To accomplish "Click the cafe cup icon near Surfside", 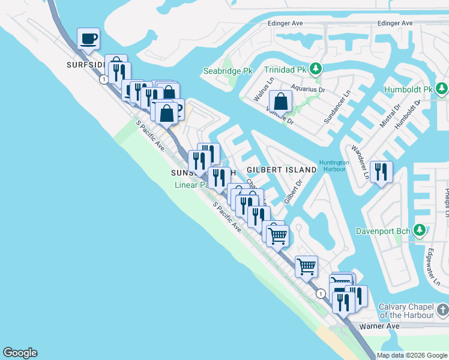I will point(89,39).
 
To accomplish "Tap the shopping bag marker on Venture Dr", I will point(280,101).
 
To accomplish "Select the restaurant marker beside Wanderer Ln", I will point(381,173).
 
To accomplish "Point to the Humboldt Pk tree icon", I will point(442,89).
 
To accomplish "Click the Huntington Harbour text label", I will point(334,166).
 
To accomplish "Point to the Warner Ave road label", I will point(379,326).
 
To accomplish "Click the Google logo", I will point(20,353).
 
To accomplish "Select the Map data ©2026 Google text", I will point(411,355).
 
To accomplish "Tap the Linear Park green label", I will point(191,185).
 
